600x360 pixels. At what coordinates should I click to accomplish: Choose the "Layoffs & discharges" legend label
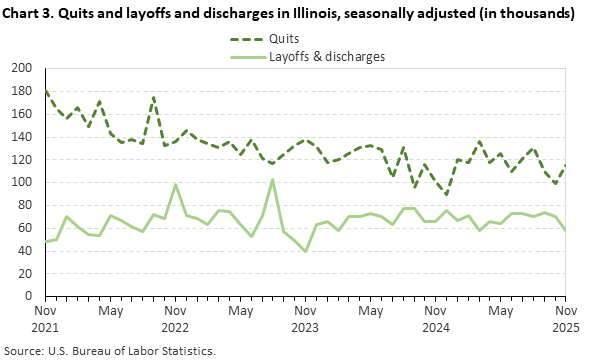[327, 56]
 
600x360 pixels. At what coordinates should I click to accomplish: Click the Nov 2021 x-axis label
[44, 319]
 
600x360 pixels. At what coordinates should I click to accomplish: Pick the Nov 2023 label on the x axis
[305, 319]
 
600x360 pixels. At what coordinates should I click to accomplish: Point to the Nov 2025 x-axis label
[566, 319]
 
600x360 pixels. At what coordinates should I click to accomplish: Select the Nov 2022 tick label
[175, 319]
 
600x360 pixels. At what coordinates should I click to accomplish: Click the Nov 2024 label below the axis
[436, 319]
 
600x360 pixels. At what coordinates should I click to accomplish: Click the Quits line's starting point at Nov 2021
[45, 90]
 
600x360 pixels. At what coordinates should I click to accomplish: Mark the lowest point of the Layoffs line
[305, 251]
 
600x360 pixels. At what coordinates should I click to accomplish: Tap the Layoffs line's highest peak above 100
[273, 180]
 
